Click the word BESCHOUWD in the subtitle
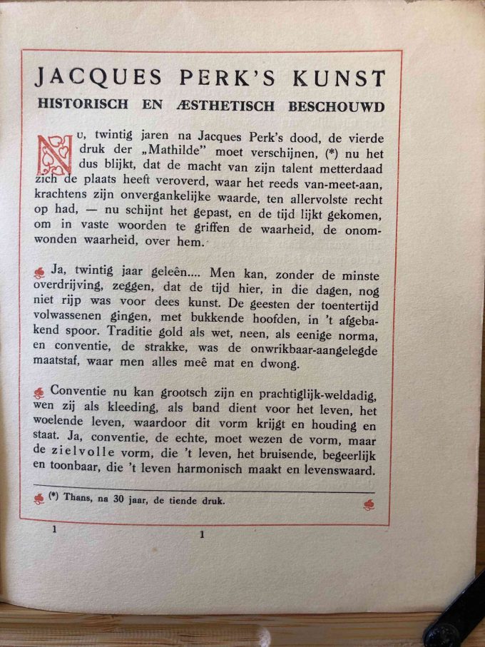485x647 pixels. pos(336,105)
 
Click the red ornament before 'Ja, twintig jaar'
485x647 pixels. pos(40,272)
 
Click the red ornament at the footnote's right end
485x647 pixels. pos(368,504)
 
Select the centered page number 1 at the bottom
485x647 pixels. pos(202,534)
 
